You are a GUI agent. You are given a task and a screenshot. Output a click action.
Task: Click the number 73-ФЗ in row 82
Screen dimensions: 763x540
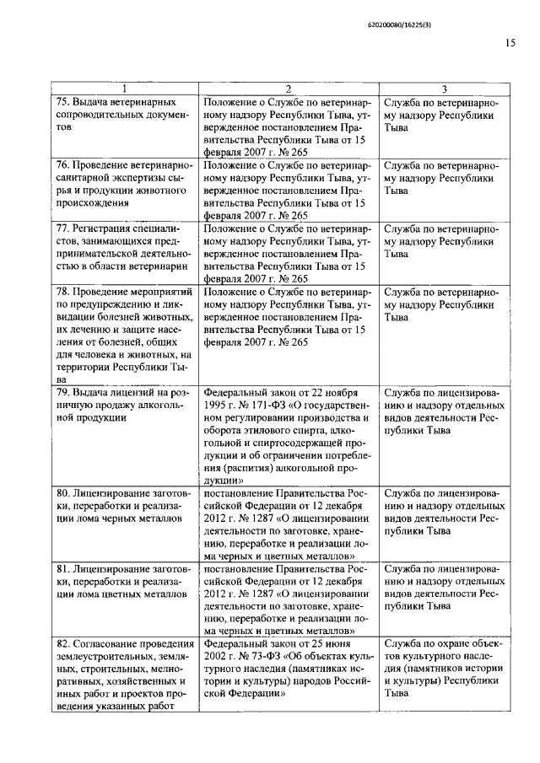266,654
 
